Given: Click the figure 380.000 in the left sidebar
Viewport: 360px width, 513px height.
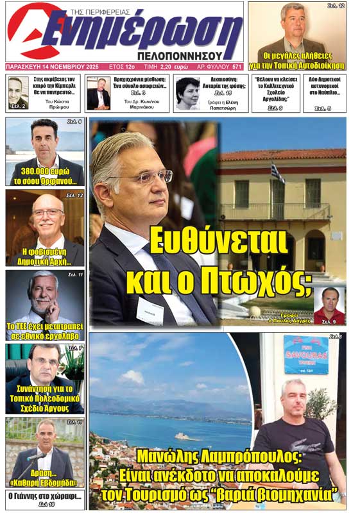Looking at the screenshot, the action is coord(30,172).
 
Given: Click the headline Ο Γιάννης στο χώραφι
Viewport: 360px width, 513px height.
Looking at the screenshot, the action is coord(44,496).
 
